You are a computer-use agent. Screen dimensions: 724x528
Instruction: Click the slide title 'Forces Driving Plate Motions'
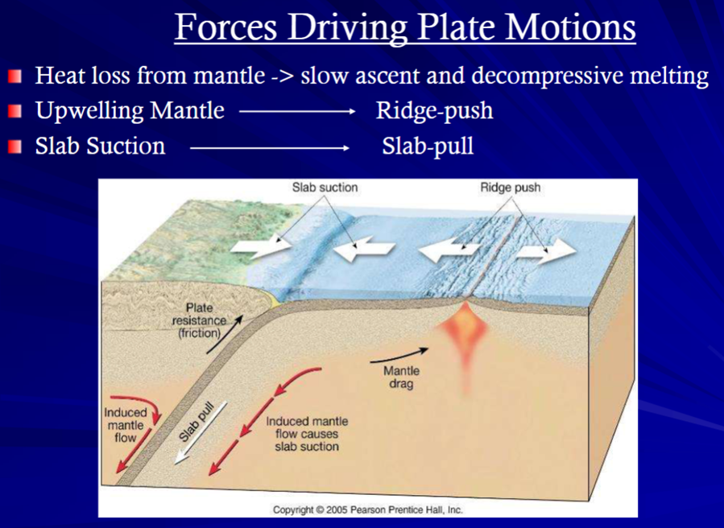click(405, 28)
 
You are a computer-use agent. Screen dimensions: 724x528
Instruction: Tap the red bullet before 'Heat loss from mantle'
click(14, 76)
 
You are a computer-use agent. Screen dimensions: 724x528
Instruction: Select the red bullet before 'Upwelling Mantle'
click(14, 111)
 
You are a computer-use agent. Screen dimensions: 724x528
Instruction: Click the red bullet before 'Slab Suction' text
click(14, 146)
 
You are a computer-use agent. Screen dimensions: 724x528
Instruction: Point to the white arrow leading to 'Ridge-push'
click(297, 112)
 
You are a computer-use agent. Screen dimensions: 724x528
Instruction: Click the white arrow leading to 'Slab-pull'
click(270, 147)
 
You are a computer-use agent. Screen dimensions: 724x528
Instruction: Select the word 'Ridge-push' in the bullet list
click(435, 111)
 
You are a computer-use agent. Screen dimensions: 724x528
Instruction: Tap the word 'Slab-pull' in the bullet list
click(428, 146)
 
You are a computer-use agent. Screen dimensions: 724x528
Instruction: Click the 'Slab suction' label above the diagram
click(325, 188)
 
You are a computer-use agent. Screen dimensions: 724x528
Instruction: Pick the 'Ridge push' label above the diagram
click(511, 188)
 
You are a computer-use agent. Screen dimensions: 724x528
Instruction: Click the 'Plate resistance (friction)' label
click(200, 320)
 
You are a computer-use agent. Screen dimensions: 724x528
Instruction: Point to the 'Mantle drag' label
click(401, 377)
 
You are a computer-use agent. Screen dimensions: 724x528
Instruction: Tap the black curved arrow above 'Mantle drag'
click(399, 354)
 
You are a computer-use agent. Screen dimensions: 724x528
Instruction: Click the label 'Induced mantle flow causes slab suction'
click(307, 434)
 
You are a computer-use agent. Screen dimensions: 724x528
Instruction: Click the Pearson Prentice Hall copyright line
click(367, 510)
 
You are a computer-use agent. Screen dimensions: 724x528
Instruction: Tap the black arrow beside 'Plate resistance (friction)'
click(225, 335)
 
